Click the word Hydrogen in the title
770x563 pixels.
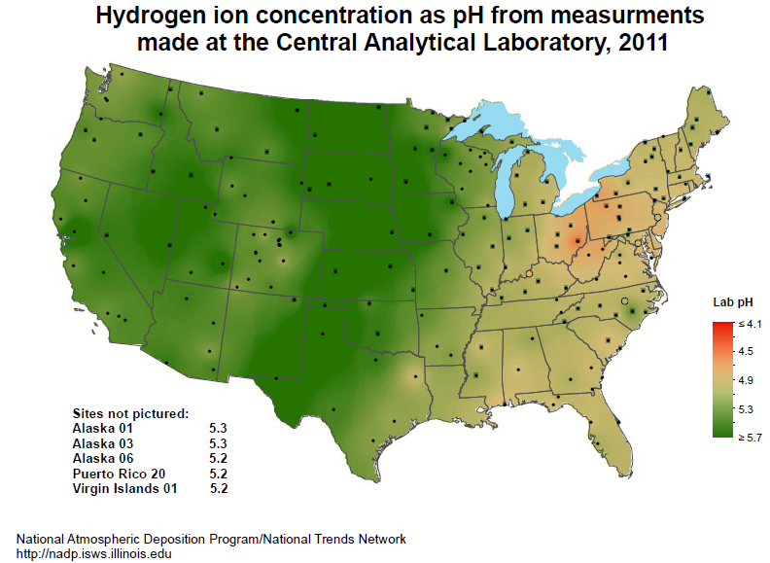(x=143, y=17)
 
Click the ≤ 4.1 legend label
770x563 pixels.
(x=749, y=323)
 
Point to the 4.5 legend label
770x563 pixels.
(x=747, y=351)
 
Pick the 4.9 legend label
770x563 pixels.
(x=747, y=379)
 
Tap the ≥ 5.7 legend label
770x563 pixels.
(x=749, y=438)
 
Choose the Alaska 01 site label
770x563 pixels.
(x=102, y=428)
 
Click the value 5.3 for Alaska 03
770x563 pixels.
(x=218, y=443)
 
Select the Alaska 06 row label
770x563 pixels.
(x=102, y=458)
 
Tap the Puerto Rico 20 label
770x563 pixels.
(x=114, y=474)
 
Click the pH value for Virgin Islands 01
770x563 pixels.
(x=219, y=488)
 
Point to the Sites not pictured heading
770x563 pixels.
(x=130, y=413)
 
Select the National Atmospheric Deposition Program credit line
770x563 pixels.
(x=211, y=539)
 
